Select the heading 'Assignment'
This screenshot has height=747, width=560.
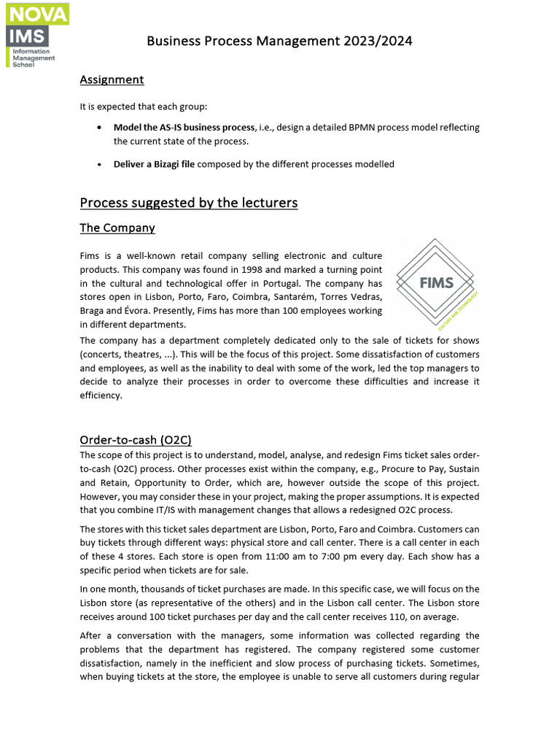[112, 80]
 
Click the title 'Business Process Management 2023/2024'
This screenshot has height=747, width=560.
[279, 41]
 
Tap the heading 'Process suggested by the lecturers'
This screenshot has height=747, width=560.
[189, 202]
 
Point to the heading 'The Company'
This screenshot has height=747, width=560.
[117, 228]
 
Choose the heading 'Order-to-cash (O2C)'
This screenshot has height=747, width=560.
[136, 439]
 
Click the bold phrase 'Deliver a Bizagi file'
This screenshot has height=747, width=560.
[154, 164]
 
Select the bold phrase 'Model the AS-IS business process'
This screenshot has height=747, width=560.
[184, 127]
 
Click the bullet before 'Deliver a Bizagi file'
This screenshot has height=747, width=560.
[98, 165]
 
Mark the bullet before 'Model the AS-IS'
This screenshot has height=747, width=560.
[98, 128]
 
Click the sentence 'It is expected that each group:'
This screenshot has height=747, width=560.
[144, 107]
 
